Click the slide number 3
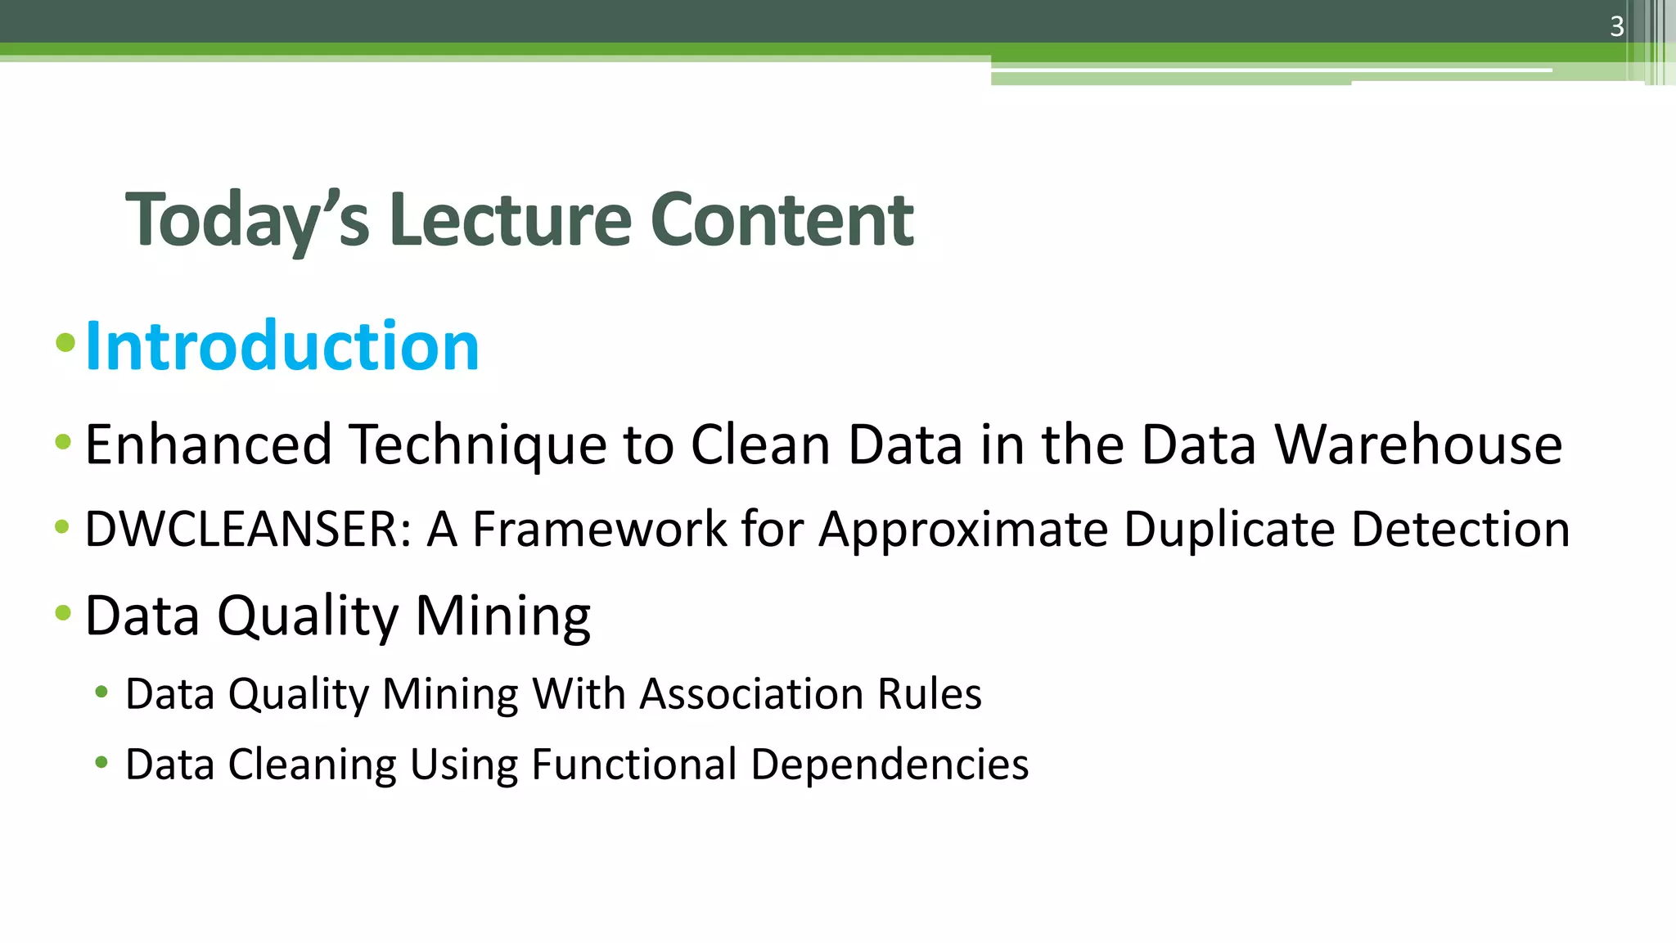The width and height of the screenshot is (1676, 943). click(1616, 27)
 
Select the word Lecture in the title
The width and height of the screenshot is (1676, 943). click(510, 219)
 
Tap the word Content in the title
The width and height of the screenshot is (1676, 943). click(782, 219)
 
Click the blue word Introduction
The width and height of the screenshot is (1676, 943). click(282, 346)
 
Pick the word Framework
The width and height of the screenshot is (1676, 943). click(599, 529)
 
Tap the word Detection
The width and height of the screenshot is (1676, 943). click(1460, 529)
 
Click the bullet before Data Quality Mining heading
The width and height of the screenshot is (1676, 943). click(64, 613)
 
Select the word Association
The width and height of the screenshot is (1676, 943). click(751, 694)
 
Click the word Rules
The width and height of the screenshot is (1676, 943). click(929, 694)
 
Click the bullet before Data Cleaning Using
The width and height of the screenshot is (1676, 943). click(101, 763)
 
